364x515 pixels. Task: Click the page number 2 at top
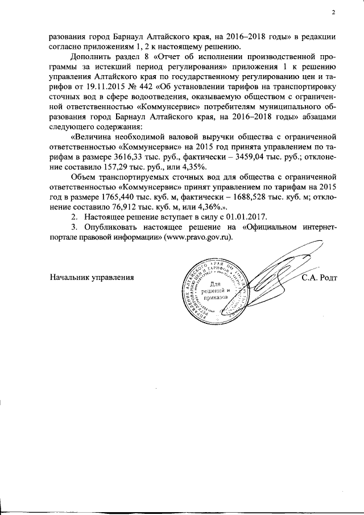tap(334, 13)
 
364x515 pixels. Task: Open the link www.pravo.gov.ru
tap(198, 238)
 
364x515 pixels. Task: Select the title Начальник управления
tap(92, 278)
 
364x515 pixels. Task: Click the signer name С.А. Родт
tap(320, 278)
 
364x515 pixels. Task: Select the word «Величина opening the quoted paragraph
tap(93, 137)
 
